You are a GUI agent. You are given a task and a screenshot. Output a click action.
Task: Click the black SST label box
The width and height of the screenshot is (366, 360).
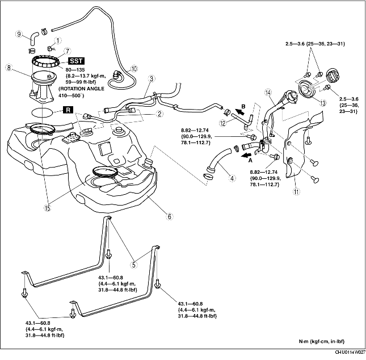tap(77, 61)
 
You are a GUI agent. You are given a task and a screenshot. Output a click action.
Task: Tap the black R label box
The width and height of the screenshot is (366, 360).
tap(68, 110)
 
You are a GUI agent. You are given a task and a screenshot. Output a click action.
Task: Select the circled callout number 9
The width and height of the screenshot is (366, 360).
tap(19, 34)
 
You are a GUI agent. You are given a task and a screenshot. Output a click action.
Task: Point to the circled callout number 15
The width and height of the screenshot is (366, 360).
tap(48, 208)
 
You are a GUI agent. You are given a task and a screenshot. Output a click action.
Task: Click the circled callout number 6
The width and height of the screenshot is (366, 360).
tap(170, 216)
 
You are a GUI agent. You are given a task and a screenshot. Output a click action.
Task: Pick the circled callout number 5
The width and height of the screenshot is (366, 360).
tap(134, 265)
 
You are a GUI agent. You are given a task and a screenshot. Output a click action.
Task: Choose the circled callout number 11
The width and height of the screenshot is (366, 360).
tap(296, 191)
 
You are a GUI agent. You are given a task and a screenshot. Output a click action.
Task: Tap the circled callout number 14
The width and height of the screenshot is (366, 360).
tap(268, 93)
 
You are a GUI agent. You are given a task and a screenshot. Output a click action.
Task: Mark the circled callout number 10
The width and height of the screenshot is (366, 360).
tap(133, 69)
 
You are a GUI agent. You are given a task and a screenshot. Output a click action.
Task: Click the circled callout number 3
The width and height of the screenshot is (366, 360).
tap(152, 78)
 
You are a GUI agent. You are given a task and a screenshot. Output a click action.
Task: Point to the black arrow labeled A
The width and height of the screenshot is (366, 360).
tap(247, 155)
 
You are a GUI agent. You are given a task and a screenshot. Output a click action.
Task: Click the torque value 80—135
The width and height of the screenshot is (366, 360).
tap(75, 70)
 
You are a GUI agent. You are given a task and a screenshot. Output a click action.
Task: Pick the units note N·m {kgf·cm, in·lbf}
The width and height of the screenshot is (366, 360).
tap(322, 341)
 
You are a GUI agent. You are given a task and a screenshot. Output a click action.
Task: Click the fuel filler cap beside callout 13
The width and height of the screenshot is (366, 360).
tap(333, 74)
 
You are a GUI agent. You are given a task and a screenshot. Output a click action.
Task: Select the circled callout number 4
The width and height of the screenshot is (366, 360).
tap(232, 178)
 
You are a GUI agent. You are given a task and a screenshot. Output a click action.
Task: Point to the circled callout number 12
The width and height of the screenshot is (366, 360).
tap(223, 123)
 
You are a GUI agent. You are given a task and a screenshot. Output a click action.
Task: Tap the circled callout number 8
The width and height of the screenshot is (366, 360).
tap(9, 68)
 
